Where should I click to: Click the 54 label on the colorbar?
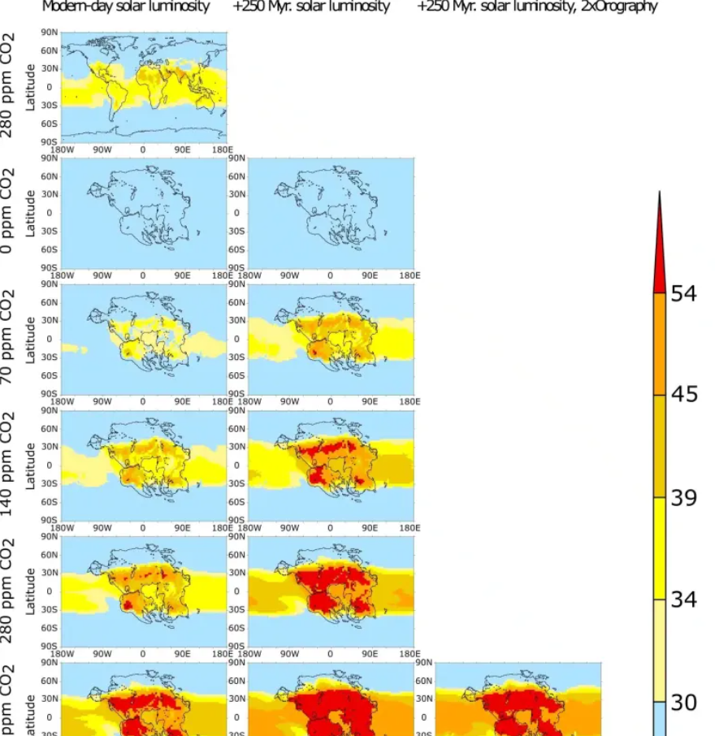click(x=683, y=293)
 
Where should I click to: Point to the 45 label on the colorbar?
click(x=683, y=395)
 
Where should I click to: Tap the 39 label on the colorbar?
click(x=683, y=497)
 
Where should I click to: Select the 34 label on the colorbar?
click(x=683, y=600)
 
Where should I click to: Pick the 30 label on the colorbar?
click(x=683, y=702)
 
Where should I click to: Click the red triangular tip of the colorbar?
click(x=660, y=260)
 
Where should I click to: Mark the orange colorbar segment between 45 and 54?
click(x=660, y=344)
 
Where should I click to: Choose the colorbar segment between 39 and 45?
click(x=660, y=446)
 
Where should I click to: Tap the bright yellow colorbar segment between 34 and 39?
click(x=660, y=548)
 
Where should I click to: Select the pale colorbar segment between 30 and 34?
click(x=660, y=651)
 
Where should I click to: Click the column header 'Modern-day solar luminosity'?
click(x=126, y=6)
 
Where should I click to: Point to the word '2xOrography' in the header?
click(x=618, y=6)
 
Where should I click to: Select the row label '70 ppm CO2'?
click(x=7, y=337)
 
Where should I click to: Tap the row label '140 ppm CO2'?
click(x=7, y=464)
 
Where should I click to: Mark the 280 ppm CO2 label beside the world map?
click(x=7, y=85)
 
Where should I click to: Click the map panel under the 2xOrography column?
click(x=518, y=703)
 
